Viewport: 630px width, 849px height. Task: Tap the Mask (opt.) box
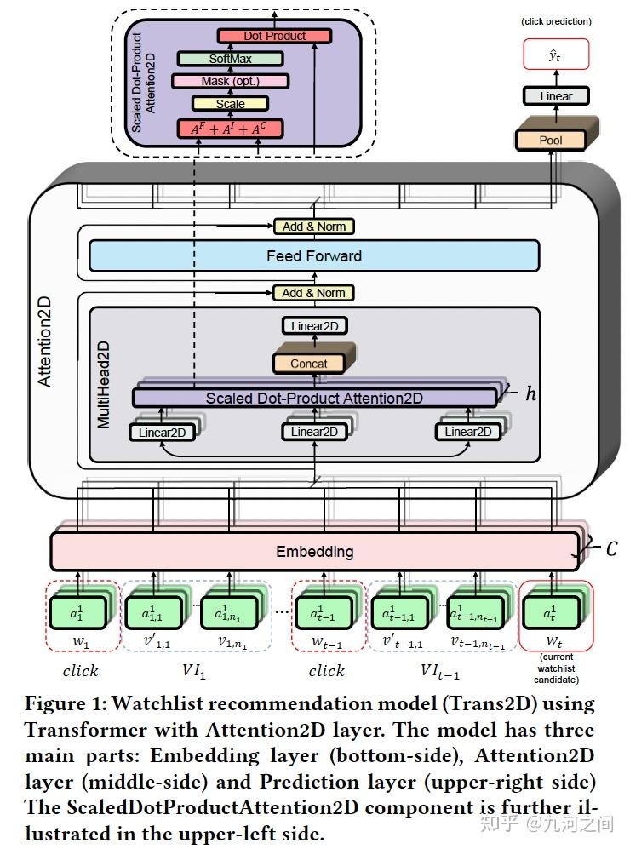[x=230, y=81]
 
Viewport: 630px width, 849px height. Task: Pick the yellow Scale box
[x=230, y=104]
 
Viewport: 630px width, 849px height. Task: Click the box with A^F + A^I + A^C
[x=229, y=129]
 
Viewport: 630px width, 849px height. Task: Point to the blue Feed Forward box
[x=313, y=255]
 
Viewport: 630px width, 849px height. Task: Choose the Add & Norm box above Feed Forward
[x=313, y=227]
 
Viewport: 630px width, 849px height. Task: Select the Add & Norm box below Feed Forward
[x=313, y=293]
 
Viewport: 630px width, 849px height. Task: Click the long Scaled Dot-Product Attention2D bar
[x=313, y=398]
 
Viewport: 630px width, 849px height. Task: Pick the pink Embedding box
[x=314, y=551]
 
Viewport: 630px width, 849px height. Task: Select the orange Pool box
[x=551, y=140]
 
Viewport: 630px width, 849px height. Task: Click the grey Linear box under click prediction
[x=556, y=96]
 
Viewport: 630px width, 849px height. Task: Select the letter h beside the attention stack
[x=531, y=394]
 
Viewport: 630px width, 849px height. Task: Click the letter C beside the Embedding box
[x=610, y=549]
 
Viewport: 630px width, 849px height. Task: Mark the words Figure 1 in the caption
[x=64, y=704]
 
